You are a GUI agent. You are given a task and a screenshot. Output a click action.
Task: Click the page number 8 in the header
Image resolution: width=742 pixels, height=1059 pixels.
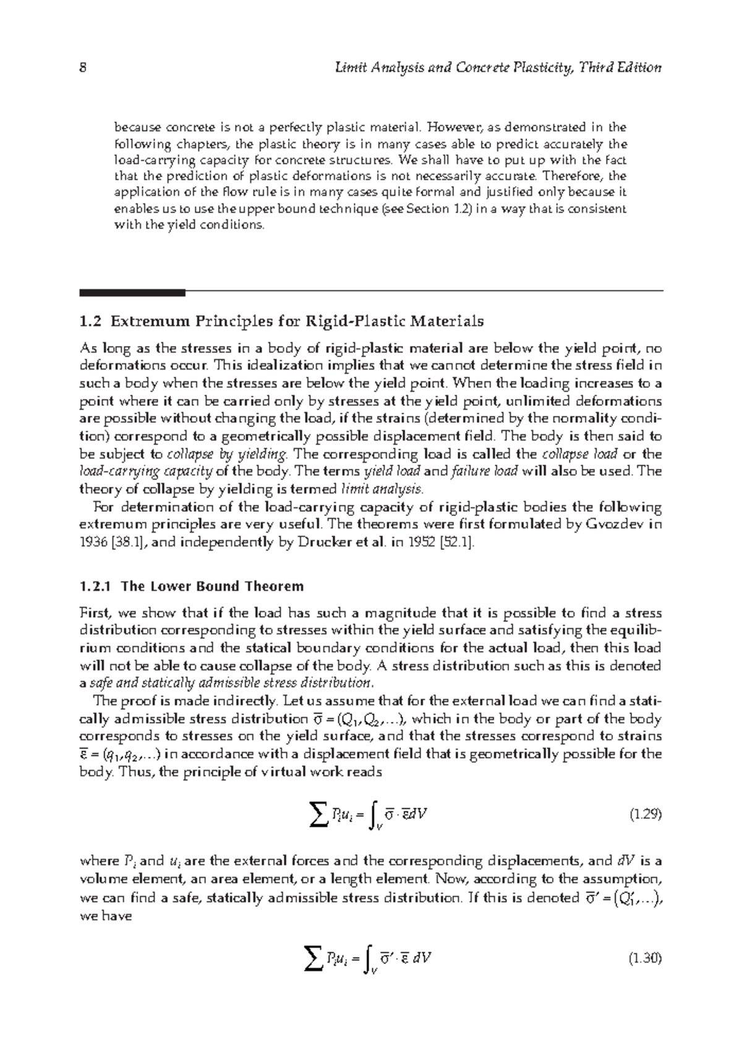point(82,68)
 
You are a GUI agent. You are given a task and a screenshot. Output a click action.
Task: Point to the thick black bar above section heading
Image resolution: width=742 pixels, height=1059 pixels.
point(132,292)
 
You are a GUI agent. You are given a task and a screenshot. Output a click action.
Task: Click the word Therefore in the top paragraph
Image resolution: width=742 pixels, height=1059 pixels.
point(577,176)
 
